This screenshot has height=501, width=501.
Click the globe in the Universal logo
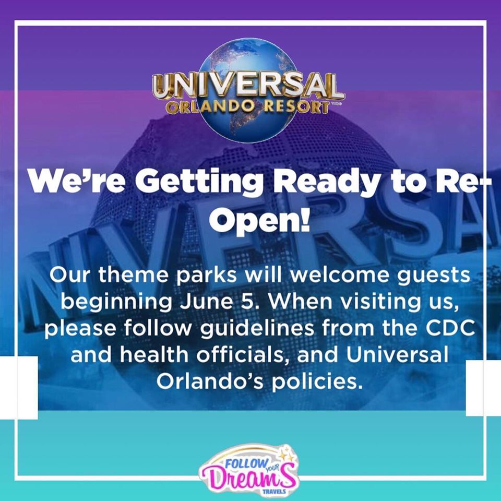pos(247,90)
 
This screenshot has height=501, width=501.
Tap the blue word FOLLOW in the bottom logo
pos(246,463)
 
